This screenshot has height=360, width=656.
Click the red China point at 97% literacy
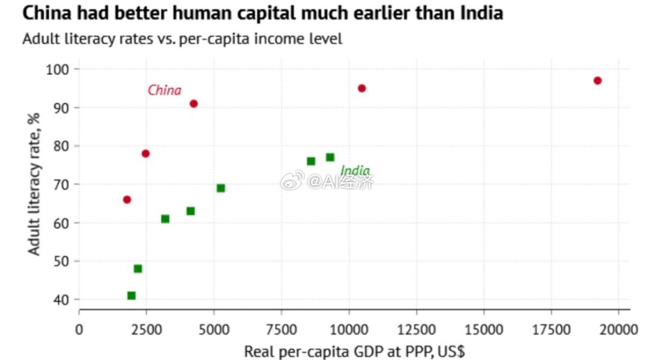coord(597,81)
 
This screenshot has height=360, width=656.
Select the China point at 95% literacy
coord(362,89)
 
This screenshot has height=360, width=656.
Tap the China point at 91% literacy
coord(193,104)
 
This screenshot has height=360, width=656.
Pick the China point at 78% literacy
coord(145,154)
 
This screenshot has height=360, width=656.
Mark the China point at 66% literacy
coord(127,200)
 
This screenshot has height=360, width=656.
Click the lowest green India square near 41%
coord(131,296)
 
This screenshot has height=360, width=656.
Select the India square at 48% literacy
coord(137,269)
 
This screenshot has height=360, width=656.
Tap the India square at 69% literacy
coord(220,188)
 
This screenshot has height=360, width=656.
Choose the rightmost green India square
coord(330,158)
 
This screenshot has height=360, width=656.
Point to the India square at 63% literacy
coord(190,211)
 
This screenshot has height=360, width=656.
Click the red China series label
coord(164,90)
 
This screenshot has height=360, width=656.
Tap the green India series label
coord(355,171)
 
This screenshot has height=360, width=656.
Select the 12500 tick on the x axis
coord(416,328)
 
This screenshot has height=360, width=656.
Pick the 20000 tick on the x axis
coord(618,328)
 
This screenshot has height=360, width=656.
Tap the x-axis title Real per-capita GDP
coord(354,352)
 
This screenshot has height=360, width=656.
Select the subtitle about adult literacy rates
coord(182,40)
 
